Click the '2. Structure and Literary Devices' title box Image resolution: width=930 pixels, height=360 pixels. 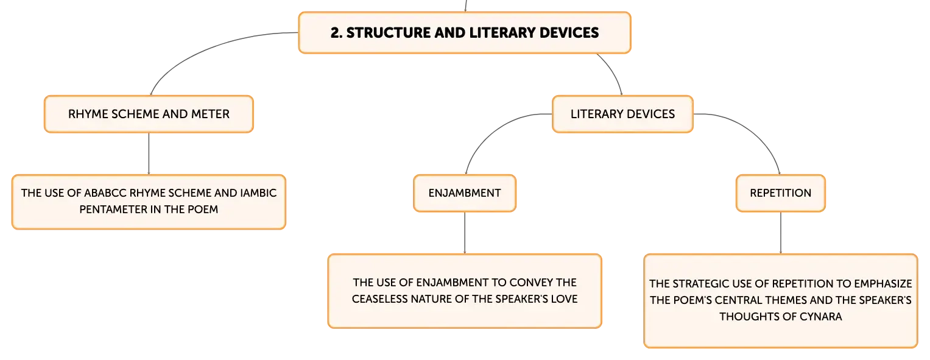(x=465, y=32)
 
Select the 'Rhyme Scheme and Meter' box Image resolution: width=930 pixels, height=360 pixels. (x=149, y=114)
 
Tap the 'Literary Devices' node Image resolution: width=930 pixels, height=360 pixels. (x=622, y=114)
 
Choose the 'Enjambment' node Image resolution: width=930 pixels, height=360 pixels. (x=465, y=193)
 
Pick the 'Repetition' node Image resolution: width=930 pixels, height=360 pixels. (x=781, y=193)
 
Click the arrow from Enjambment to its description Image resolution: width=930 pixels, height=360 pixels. (x=465, y=233)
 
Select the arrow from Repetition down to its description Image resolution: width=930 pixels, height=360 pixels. (x=781, y=233)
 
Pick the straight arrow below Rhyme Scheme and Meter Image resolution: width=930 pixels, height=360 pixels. (x=149, y=154)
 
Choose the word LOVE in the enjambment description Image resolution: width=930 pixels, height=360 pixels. (x=564, y=299)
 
